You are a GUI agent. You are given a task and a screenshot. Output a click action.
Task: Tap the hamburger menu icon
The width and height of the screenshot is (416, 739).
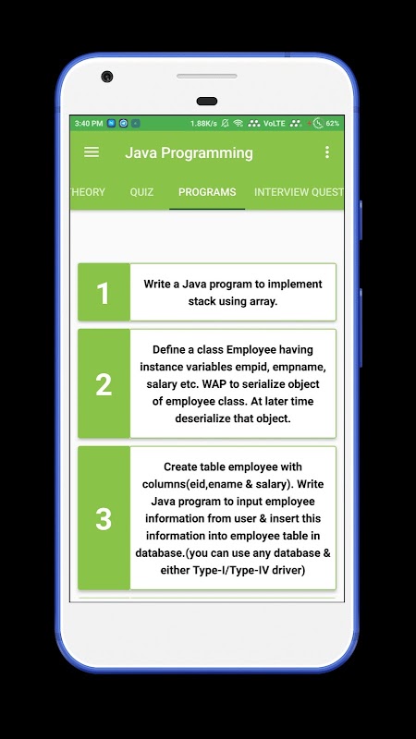[92, 151]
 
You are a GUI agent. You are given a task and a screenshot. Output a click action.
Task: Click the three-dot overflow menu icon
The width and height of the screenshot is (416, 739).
[327, 151]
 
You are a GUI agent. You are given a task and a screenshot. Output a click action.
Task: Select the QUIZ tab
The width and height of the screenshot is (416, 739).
[141, 192]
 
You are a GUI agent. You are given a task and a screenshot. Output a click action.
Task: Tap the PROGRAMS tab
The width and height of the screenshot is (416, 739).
[207, 192]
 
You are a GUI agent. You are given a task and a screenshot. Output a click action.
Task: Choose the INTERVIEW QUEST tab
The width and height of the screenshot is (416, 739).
[299, 192]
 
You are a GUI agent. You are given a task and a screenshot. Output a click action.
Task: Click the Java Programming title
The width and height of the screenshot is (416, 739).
[189, 152]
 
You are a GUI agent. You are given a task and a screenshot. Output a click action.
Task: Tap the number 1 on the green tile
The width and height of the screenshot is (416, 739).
[103, 293]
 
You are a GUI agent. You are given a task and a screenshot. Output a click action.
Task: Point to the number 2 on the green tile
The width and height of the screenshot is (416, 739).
[104, 384]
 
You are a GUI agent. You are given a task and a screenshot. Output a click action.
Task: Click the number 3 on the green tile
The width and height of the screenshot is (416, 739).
[104, 519]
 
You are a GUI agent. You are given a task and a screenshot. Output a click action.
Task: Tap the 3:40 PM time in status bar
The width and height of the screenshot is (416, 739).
[89, 124]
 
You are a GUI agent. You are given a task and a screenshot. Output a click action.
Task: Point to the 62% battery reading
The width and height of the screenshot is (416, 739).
[333, 124]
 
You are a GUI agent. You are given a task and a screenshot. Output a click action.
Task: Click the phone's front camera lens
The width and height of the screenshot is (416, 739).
[107, 77]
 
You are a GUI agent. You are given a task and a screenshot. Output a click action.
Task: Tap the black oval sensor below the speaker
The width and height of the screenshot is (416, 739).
[206, 101]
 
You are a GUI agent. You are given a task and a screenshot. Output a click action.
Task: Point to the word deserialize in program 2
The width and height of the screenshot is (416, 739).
[202, 418]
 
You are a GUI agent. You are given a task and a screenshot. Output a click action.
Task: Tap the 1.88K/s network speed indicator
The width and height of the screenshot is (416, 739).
[203, 124]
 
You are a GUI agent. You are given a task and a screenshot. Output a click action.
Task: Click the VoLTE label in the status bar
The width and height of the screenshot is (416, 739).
[275, 124]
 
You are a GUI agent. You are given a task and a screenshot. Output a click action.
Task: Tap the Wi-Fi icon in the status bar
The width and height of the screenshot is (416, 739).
[239, 124]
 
